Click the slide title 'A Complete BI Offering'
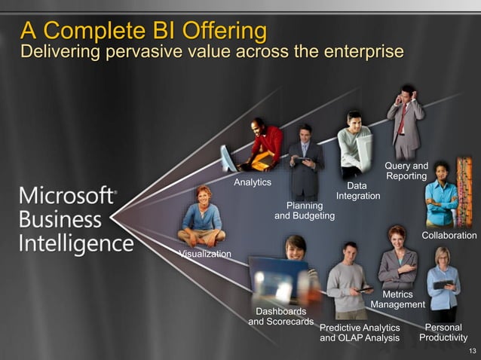(x=143, y=31)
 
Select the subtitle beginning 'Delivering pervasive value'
(x=211, y=52)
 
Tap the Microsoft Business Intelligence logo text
(x=75, y=219)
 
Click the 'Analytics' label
(x=253, y=182)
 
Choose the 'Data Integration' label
(x=358, y=191)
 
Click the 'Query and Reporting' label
(x=406, y=171)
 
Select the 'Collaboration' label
(x=449, y=236)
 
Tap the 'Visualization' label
(x=205, y=254)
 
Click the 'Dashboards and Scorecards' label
(x=281, y=316)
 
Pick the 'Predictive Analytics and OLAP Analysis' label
(x=360, y=333)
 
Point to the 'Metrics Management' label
(x=398, y=299)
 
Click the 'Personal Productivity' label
(x=443, y=333)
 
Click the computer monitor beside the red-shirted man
(x=227, y=159)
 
